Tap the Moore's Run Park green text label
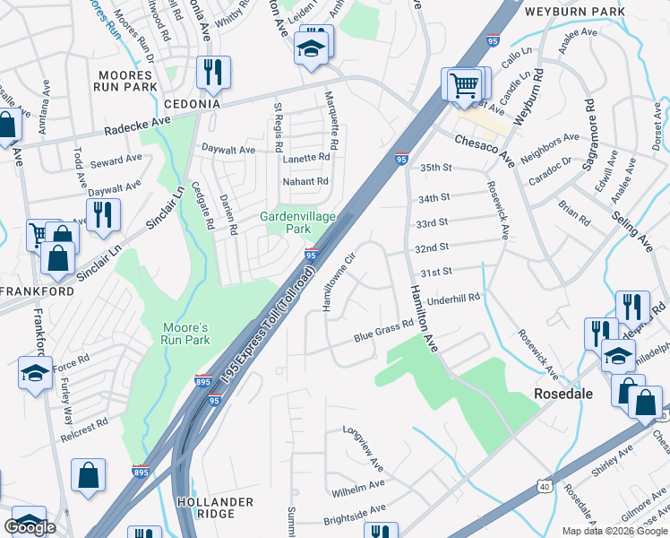[185, 334]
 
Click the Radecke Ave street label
[136, 124]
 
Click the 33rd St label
[433, 222]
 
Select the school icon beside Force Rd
[35, 373]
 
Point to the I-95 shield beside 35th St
[401, 159]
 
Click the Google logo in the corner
[30, 527]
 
